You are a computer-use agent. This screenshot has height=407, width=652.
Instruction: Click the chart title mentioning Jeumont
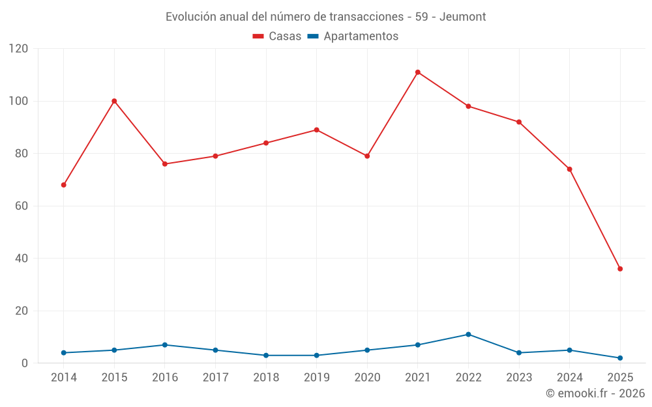(325, 16)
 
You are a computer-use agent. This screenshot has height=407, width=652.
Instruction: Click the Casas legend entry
(277, 36)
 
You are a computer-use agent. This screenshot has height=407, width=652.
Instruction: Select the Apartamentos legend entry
(353, 36)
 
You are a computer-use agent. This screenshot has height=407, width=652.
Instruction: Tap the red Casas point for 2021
(418, 72)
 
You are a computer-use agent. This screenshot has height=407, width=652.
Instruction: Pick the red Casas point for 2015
(114, 101)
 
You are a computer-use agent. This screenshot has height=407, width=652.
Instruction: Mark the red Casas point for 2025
(620, 269)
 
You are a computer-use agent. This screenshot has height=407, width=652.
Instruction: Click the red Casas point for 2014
(64, 185)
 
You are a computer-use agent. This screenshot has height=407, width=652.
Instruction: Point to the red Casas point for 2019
(317, 130)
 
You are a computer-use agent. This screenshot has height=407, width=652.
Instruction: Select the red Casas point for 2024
(569, 169)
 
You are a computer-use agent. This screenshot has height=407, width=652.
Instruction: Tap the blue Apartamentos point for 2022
(468, 335)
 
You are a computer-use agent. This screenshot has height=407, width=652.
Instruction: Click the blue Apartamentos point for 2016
(165, 345)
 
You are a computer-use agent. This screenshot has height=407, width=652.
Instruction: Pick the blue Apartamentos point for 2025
(620, 358)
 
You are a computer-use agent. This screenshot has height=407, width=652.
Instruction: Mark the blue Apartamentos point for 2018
(266, 356)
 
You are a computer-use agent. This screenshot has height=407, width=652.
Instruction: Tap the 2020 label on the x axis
(367, 378)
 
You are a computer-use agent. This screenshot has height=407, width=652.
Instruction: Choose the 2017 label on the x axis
(215, 378)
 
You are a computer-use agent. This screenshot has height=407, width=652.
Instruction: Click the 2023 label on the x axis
(519, 378)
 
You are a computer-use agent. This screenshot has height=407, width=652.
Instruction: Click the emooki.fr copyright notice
(595, 393)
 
